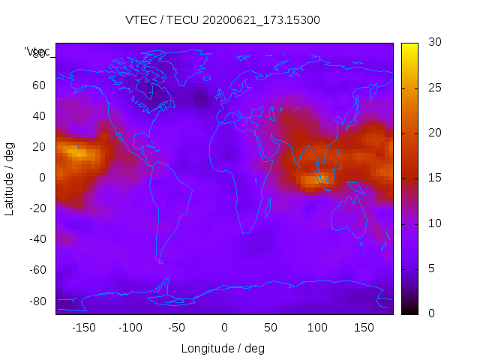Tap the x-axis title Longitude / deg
(x=223, y=349)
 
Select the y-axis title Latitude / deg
(x=10, y=178)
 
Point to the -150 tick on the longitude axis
(x=84, y=328)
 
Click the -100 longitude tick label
(x=130, y=328)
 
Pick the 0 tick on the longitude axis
(x=224, y=328)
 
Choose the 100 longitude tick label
(x=317, y=328)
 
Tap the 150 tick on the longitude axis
(x=364, y=328)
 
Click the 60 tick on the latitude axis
(x=39, y=85)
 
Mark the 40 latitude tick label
(x=39, y=116)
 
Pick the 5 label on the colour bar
(x=429, y=268)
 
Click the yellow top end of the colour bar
(x=409, y=46)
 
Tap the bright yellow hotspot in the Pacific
(x=77, y=152)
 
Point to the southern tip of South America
(x=160, y=262)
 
